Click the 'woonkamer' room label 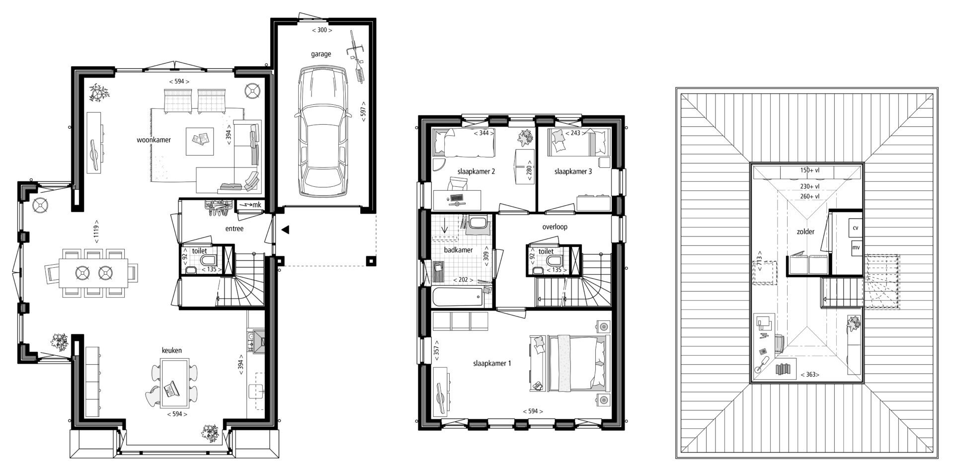tap(154, 140)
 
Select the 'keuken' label tap(171, 350)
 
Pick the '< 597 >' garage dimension tap(363, 113)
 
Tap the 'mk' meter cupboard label tap(256, 205)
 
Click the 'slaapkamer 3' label tap(573, 171)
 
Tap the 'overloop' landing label tap(555, 227)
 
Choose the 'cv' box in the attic tap(855, 228)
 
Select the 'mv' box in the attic tap(856, 247)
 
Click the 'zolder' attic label tap(805, 232)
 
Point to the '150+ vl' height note tap(809, 170)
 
